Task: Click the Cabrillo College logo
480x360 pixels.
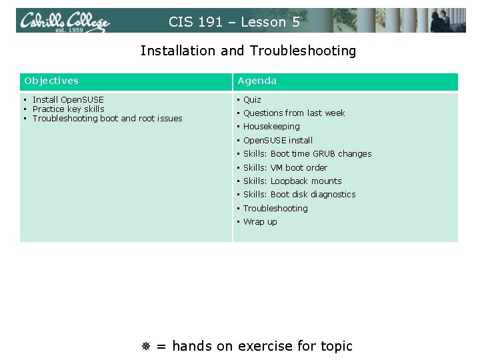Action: click(x=65, y=21)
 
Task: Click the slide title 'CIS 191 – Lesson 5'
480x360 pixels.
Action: click(x=234, y=22)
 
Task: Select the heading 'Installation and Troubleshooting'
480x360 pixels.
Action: click(x=248, y=51)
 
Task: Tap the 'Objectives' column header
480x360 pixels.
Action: click(x=51, y=81)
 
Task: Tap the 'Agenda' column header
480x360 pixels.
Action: click(x=257, y=81)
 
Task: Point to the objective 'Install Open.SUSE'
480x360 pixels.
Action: click(x=68, y=99)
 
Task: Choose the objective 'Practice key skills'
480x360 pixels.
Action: click(x=68, y=109)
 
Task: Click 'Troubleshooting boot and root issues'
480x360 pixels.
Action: click(x=107, y=118)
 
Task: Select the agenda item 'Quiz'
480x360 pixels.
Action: click(x=252, y=99)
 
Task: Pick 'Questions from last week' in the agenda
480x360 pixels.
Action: click(x=294, y=113)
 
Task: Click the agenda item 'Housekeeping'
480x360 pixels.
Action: click(x=271, y=126)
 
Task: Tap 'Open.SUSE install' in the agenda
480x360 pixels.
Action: click(x=277, y=140)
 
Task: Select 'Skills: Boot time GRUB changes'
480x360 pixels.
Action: click(x=307, y=153)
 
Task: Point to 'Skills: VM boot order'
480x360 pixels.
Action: click(x=285, y=167)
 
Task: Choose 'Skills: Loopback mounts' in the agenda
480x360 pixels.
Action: click(x=292, y=181)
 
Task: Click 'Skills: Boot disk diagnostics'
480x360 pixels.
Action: click(x=299, y=194)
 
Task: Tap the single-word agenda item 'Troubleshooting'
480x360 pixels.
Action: click(x=275, y=208)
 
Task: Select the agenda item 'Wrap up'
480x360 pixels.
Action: click(x=260, y=221)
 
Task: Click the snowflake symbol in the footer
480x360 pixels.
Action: click(x=147, y=346)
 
